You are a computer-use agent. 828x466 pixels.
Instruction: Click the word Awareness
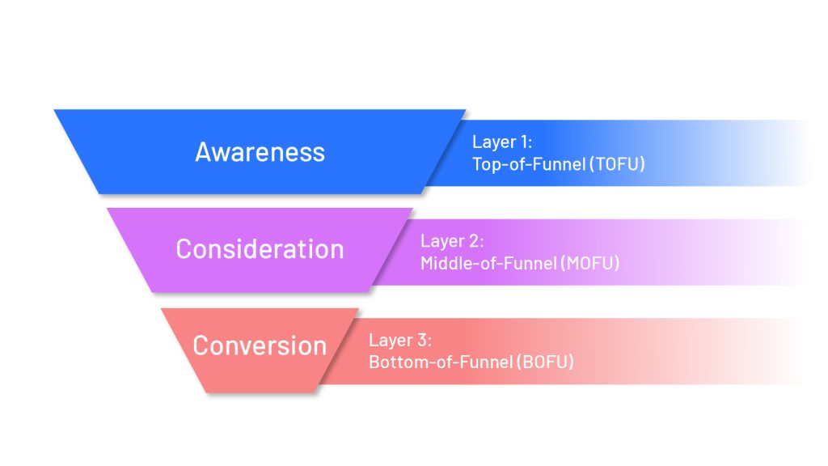click(x=260, y=152)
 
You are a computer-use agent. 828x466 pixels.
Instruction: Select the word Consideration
click(x=260, y=249)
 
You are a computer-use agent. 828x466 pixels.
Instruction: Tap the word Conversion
click(x=260, y=346)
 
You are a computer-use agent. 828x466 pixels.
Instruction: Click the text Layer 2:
click(x=451, y=241)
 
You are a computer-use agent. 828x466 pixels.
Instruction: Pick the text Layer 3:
click(x=399, y=340)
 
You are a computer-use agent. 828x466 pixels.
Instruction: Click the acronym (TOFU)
click(x=617, y=164)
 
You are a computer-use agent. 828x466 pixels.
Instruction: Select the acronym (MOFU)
click(x=589, y=263)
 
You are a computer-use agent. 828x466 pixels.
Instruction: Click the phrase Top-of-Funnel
click(x=528, y=164)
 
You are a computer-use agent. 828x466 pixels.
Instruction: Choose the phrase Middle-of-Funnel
click(x=488, y=263)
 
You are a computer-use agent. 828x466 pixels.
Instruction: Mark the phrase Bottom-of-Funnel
click(x=440, y=362)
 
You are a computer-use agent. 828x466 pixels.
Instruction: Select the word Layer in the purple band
click(x=441, y=241)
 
